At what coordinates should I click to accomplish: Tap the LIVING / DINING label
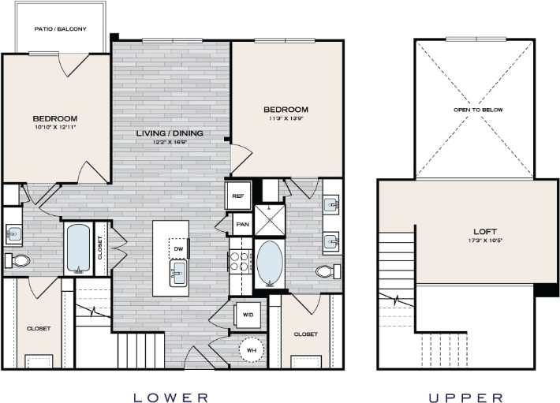[169, 133]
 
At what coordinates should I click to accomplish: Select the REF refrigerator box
[237, 194]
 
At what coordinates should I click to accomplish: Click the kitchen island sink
[177, 275]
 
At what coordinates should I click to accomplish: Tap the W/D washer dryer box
[248, 315]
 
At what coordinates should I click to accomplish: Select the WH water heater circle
[252, 349]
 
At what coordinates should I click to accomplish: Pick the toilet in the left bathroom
[19, 260]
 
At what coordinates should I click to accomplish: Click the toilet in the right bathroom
[326, 271]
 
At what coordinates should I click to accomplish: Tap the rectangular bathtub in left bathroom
[79, 248]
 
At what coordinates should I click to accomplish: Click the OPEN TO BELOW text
[477, 110]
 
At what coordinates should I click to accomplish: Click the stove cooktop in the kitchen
[239, 260]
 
